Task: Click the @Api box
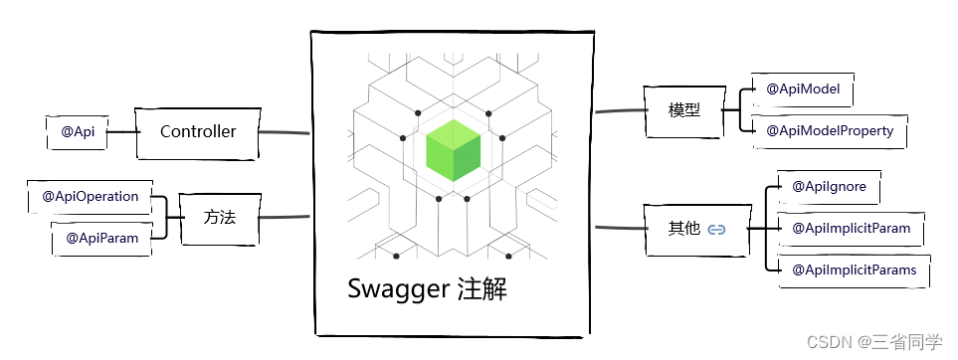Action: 78,131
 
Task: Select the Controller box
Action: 198,131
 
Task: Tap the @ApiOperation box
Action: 90,196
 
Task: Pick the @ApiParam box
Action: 101,238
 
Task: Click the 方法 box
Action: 219,216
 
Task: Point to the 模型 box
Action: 684,109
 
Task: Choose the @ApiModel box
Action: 803,90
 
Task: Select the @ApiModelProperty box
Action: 829,130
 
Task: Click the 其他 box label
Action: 683,229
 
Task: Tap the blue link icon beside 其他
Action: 716,230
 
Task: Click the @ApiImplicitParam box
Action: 851,229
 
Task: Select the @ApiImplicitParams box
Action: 855,270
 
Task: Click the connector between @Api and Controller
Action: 121,131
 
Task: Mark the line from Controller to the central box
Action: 286,132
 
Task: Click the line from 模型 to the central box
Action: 619,110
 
